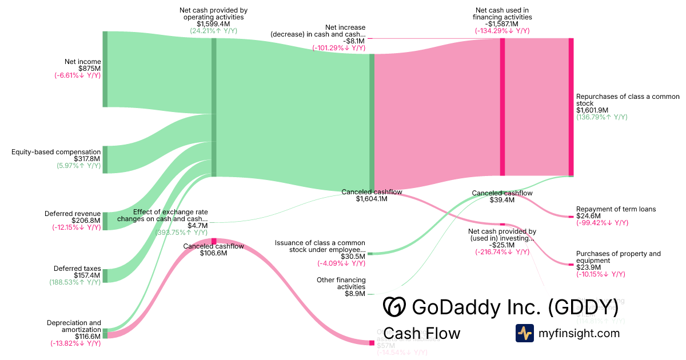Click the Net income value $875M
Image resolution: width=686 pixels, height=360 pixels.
(x=90, y=69)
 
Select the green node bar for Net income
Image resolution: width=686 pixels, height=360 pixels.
(x=105, y=69)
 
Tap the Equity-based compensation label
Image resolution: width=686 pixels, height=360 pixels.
(x=56, y=152)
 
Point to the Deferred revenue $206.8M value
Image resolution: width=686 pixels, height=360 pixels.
(x=86, y=221)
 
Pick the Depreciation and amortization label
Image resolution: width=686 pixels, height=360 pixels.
(x=74, y=326)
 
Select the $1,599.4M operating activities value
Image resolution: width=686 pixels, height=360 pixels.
(x=213, y=24)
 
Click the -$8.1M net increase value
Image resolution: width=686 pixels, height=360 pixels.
(x=354, y=41)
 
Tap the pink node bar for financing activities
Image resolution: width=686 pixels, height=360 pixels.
(x=502, y=107)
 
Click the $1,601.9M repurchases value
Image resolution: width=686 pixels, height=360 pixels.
(x=592, y=110)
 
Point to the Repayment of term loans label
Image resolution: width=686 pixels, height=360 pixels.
(x=616, y=209)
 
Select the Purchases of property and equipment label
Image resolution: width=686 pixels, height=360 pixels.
(x=618, y=257)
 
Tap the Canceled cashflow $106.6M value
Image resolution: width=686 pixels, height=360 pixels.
(x=213, y=253)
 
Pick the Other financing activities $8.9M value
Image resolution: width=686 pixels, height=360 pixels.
(x=354, y=294)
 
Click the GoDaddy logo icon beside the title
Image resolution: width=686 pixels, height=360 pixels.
(x=394, y=307)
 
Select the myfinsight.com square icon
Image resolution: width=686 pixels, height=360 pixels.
(x=524, y=333)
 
